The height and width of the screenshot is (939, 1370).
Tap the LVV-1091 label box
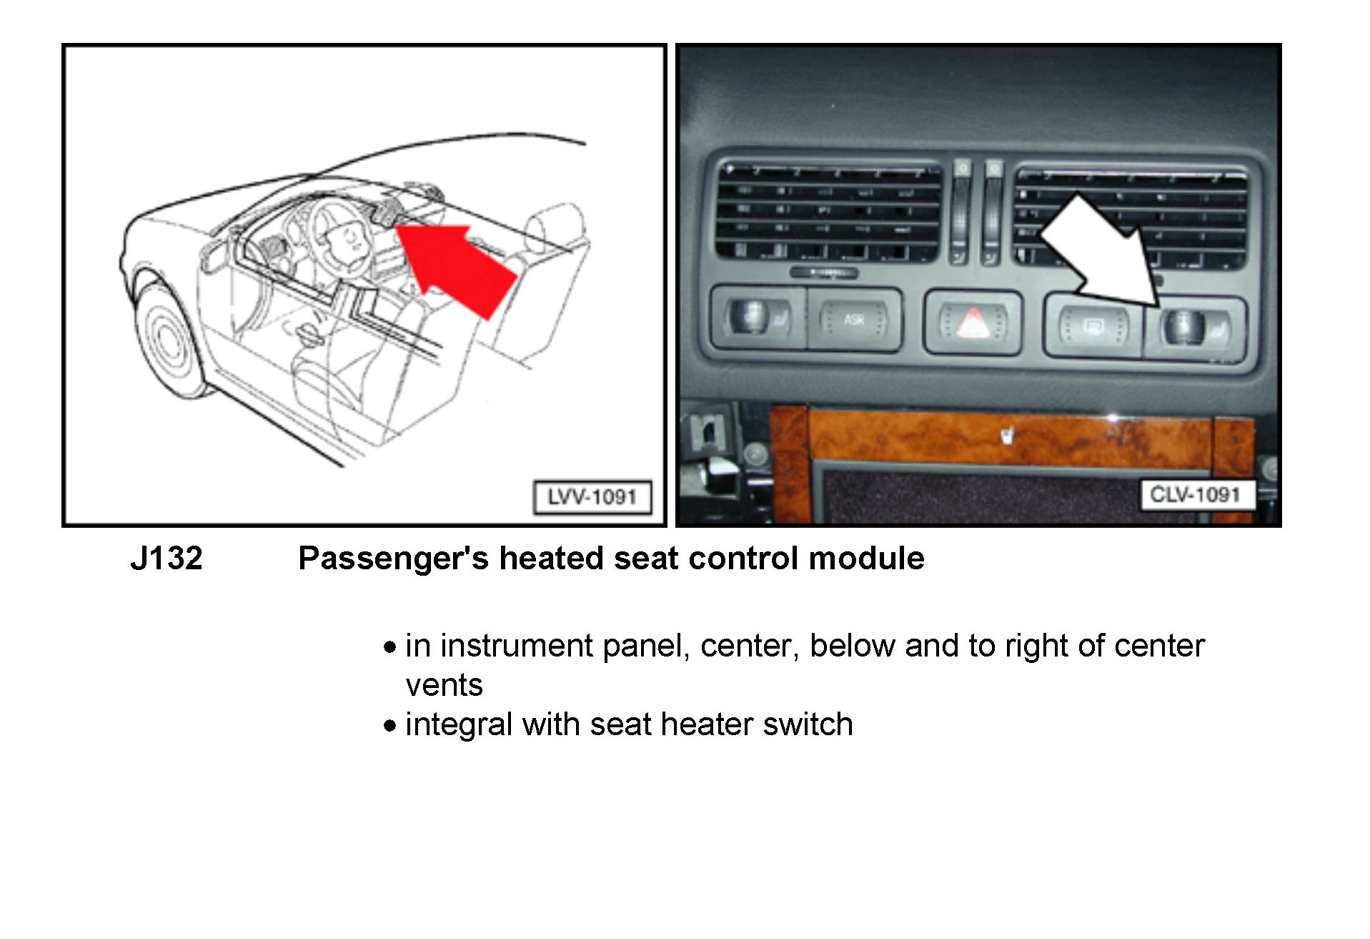click(592, 497)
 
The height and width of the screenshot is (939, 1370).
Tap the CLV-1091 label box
click(1196, 495)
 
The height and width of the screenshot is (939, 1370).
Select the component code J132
click(167, 559)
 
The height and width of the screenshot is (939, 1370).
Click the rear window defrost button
click(1093, 328)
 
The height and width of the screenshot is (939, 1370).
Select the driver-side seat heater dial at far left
click(752, 316)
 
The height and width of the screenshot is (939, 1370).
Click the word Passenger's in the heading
click(393, 559)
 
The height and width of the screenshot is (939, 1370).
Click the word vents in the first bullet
click(444, 685)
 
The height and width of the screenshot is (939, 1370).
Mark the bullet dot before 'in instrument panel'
click(389, 647)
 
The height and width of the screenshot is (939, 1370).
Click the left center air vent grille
click(829, 212)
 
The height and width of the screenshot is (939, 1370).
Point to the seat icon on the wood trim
click(1007, 434)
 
